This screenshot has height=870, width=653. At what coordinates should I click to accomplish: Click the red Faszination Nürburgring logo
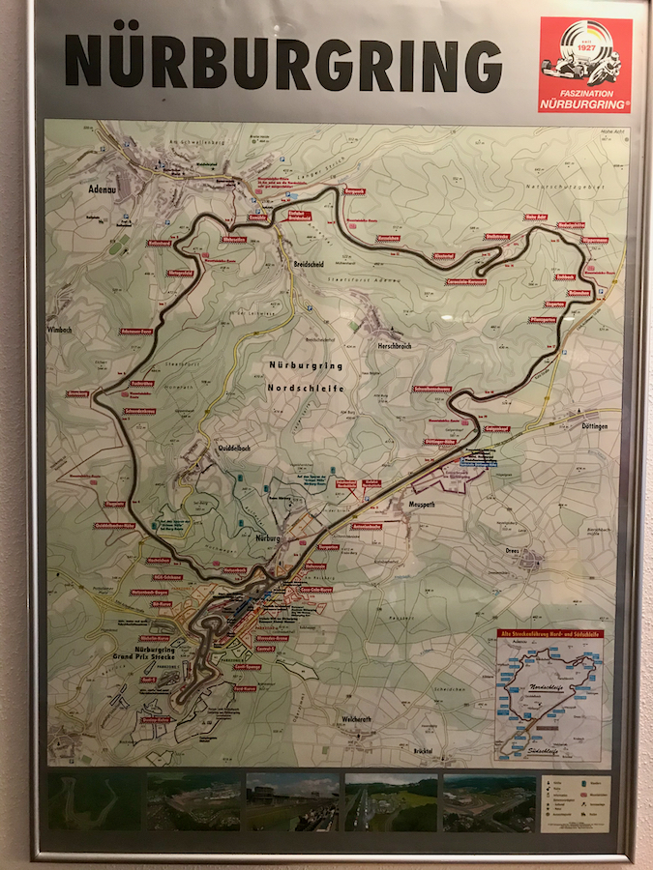(584, 65)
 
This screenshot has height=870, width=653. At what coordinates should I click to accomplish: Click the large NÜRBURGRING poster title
(283, 62)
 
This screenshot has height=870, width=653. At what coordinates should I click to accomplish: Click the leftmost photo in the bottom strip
(94, 802)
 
